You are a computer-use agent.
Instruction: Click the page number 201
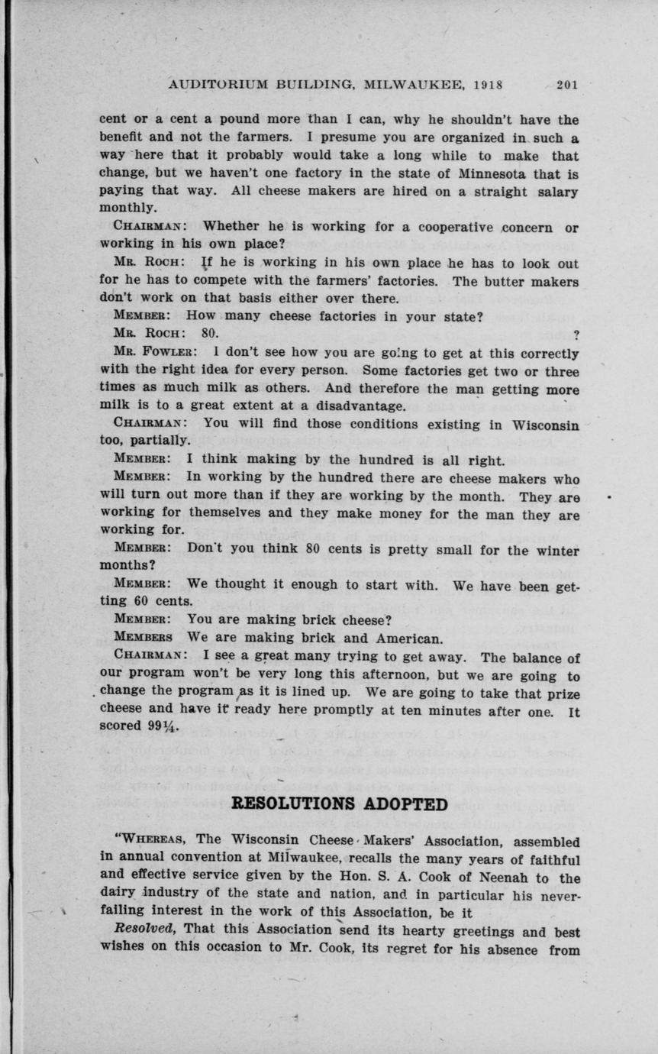click(x=566, y=86)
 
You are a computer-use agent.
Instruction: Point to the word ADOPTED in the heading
click(x=410, y=803)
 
